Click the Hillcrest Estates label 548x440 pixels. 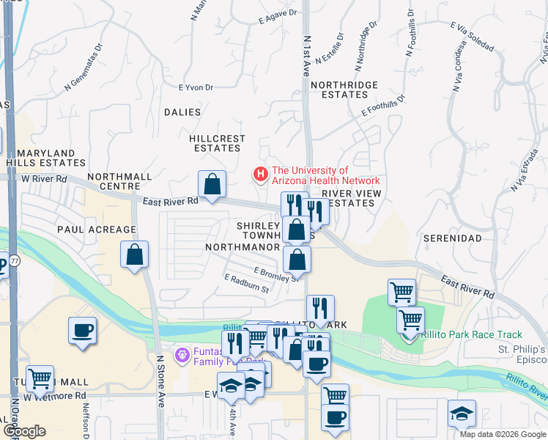(217, 143)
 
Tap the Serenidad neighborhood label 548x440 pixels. (452, 238)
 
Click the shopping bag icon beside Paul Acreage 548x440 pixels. (135, 256)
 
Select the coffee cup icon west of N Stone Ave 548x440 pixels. (82, 330)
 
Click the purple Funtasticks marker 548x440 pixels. (182, 355)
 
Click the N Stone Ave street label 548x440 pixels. (159, 381)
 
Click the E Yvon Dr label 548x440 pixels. (196, 87)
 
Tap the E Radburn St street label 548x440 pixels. (247, 284)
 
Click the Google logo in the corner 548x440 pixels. (24, 431)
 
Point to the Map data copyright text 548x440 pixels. (503, 434)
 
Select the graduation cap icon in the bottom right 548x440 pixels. (462, 413)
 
